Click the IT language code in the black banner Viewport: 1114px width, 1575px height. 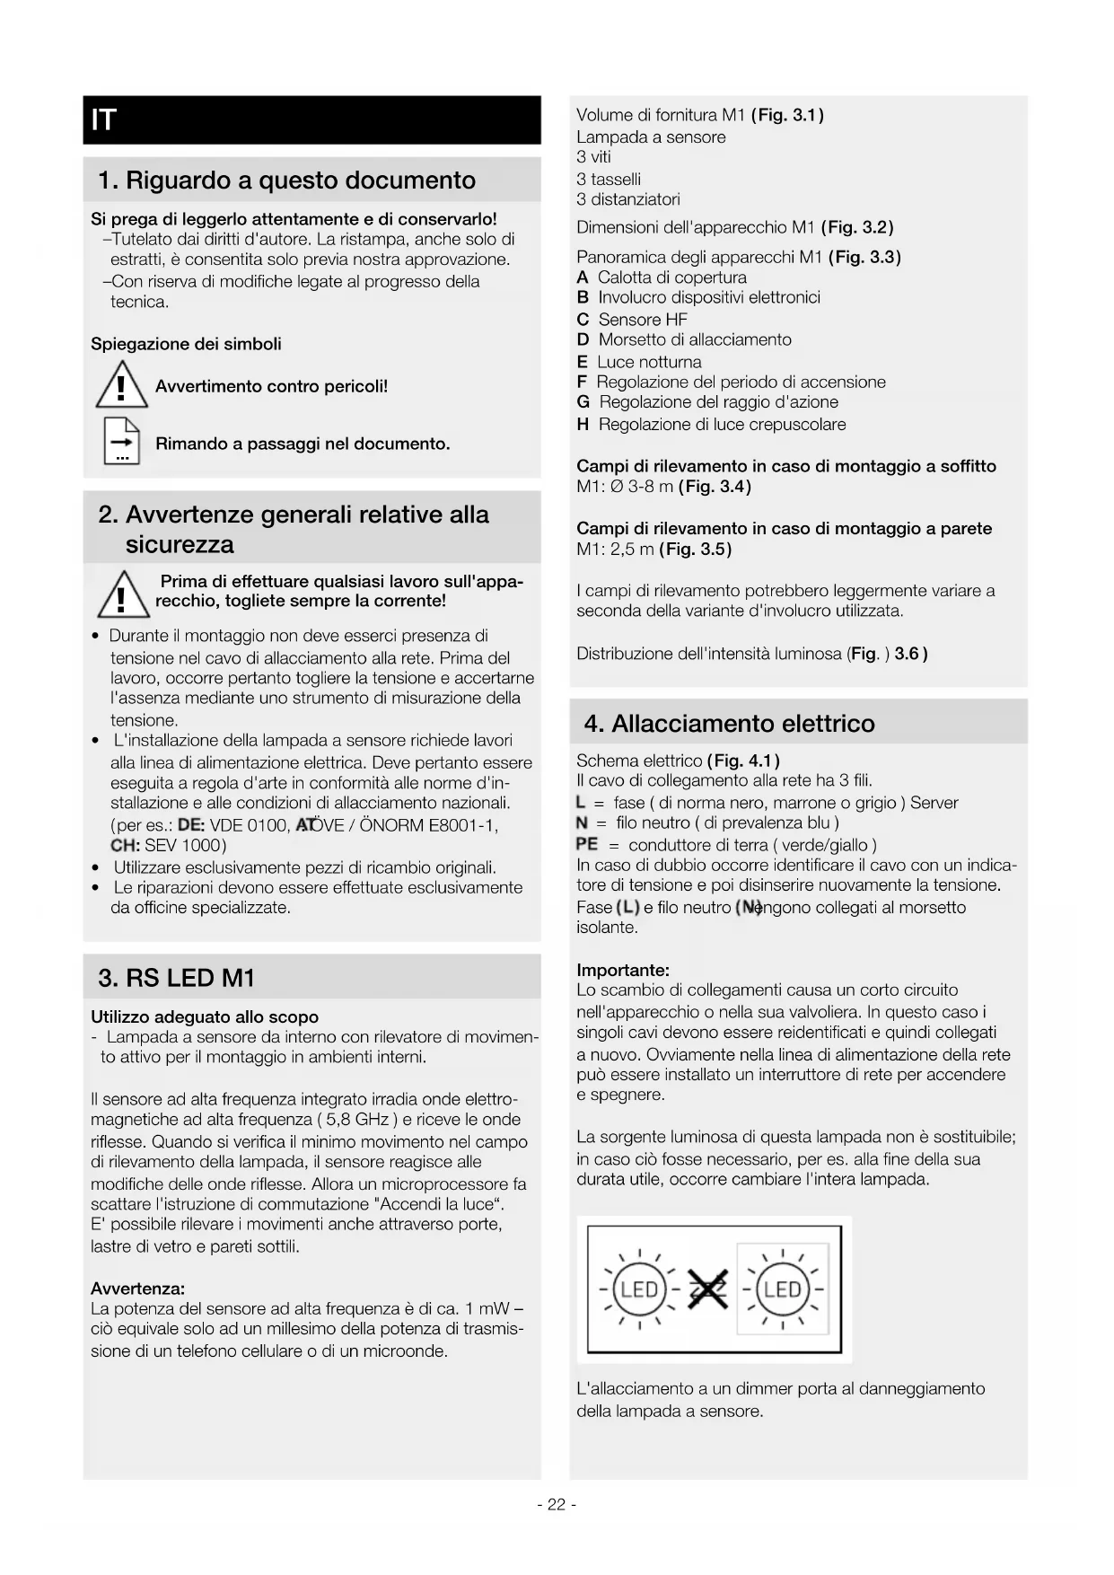point(104,119)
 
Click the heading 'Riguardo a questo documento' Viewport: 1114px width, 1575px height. point(300,180)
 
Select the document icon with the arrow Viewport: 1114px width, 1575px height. point(121,441)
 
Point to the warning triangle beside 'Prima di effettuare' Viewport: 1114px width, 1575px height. point(123,594)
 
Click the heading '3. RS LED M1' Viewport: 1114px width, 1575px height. point(177,978)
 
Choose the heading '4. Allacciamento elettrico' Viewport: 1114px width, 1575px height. point(729,724)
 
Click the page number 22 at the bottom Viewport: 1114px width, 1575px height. point(557,1504)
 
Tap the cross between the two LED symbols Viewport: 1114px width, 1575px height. point(708,1290)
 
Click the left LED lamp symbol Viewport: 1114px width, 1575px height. point(639,1290)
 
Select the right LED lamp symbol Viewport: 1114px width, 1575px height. point(782,1290)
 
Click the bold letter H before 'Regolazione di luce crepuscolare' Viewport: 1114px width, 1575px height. point(583,425)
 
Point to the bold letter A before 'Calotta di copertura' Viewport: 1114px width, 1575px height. point(583,277)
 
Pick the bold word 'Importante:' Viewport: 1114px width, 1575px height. point(623,970)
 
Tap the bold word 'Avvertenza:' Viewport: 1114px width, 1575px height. point(137,1289)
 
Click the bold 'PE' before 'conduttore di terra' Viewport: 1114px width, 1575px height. point(586,844)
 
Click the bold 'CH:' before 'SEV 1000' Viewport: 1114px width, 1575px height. point(125,845)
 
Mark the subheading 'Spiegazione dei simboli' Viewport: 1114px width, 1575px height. point(186,344)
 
